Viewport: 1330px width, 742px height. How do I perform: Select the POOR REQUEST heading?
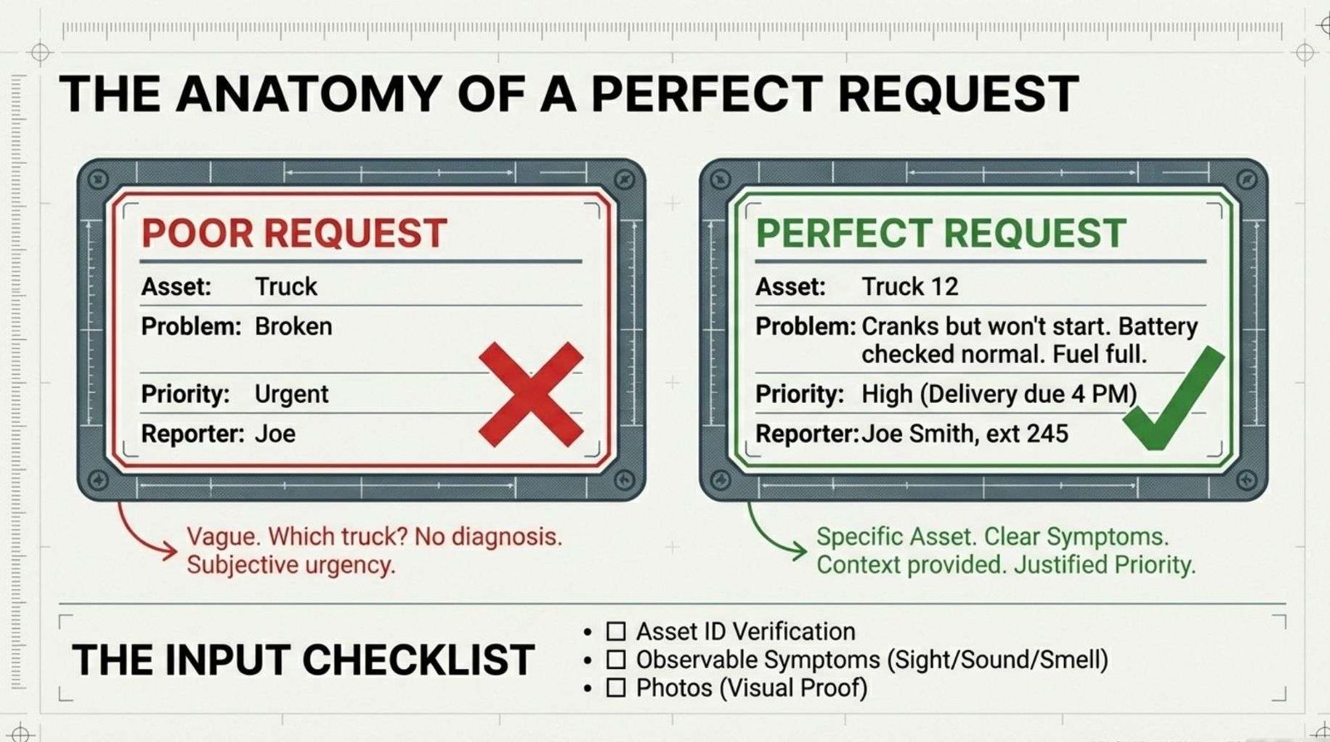coord(294,233)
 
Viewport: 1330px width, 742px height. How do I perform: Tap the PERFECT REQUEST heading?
coord(940,233)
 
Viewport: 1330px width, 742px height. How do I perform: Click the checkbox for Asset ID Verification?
coord(616,631)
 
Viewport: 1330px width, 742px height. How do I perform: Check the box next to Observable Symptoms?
coord(616,660)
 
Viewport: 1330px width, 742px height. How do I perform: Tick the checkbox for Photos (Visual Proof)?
coord(616,688)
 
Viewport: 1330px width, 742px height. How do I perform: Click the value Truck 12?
coord(909,287)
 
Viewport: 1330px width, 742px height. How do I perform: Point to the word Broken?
coord(293,327)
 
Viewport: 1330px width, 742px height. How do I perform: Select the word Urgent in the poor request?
coord(292,394)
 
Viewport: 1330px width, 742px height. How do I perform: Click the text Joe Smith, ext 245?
coord(964,434)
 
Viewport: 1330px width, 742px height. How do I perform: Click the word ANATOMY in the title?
coord(308,93)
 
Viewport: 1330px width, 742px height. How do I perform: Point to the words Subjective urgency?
coord(290,565)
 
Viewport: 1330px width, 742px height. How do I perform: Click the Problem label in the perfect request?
coord(805,327)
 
